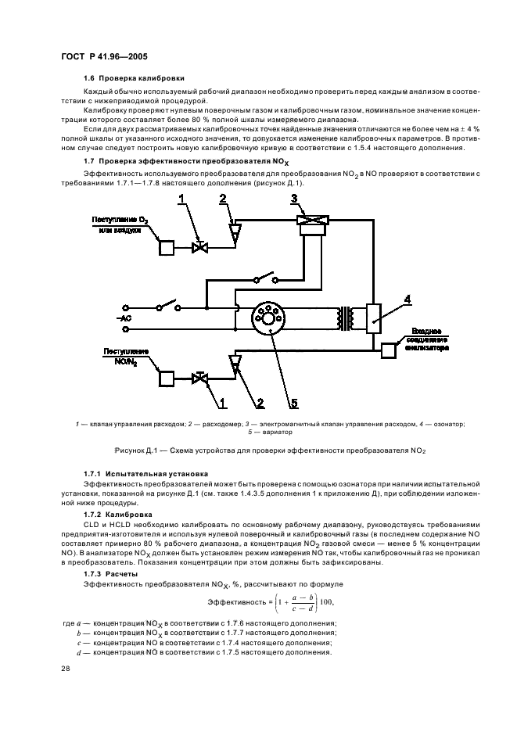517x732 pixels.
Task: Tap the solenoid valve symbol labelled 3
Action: point(301,222)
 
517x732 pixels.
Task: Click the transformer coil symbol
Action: point(343,317)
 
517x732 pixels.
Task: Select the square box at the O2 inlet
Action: point(166,247)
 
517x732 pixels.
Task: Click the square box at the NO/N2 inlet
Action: point(166,379)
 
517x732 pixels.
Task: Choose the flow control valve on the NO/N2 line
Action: point(200,379)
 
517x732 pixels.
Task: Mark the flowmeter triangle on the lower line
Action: point(233,362)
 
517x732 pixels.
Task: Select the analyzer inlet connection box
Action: point(389,350)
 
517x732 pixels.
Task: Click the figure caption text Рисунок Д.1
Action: point(258,450)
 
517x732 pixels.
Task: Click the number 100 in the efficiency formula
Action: point(318,601)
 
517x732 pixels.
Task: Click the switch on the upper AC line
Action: point(167,306)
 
